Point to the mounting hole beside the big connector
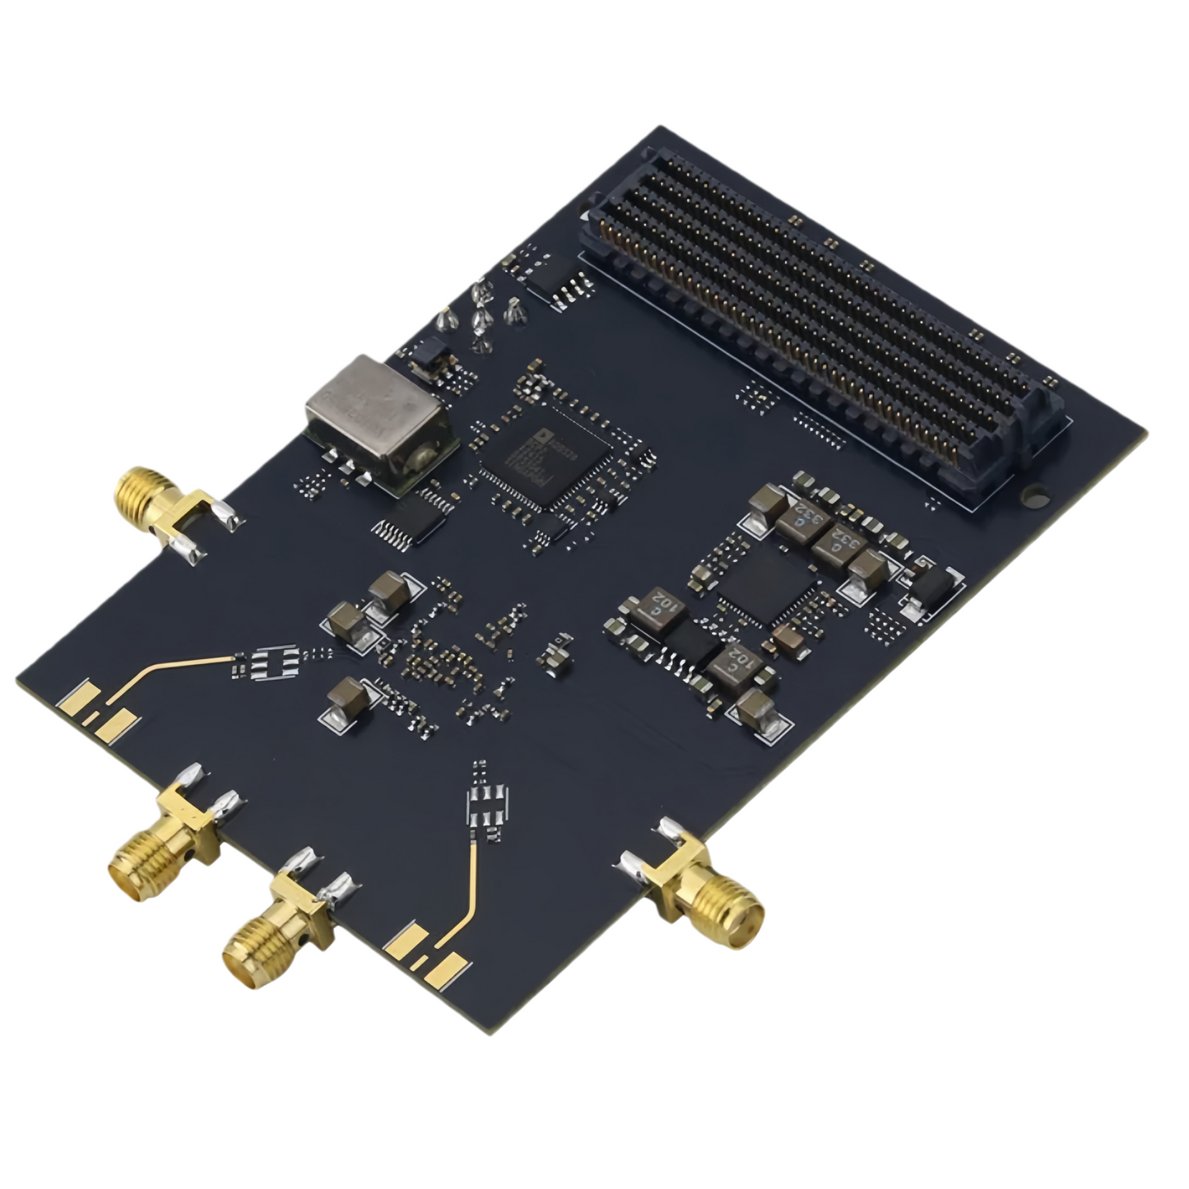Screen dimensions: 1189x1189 pyautogui.click(x=1035, y=496)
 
